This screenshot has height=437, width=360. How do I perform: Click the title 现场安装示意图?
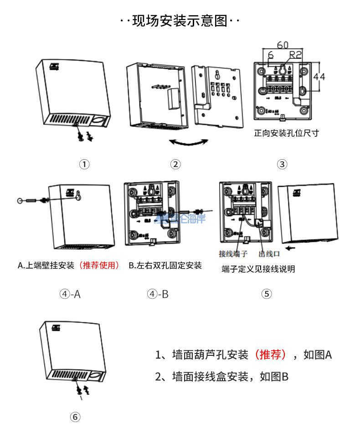[x=180, y=21]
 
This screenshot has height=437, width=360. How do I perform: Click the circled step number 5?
[x=267, y=294]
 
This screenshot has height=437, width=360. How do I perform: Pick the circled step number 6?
[x=76, y=417]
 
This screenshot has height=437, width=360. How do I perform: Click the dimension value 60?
[x=283, y=45]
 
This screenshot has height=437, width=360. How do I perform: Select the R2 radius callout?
[x=296, y=55]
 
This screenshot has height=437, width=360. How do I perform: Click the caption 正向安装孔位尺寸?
[x=286, y=133]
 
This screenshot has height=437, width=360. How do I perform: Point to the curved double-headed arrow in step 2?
[x=188, y=143]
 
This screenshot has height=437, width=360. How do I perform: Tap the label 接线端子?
[x=233, y=254]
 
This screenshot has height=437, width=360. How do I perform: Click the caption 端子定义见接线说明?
[x=258, y=269]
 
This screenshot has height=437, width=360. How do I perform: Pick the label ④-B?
[x=158, y=294]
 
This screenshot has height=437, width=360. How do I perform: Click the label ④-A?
[x=70, y=294]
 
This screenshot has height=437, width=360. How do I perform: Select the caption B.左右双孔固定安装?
[x=165, y=265]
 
